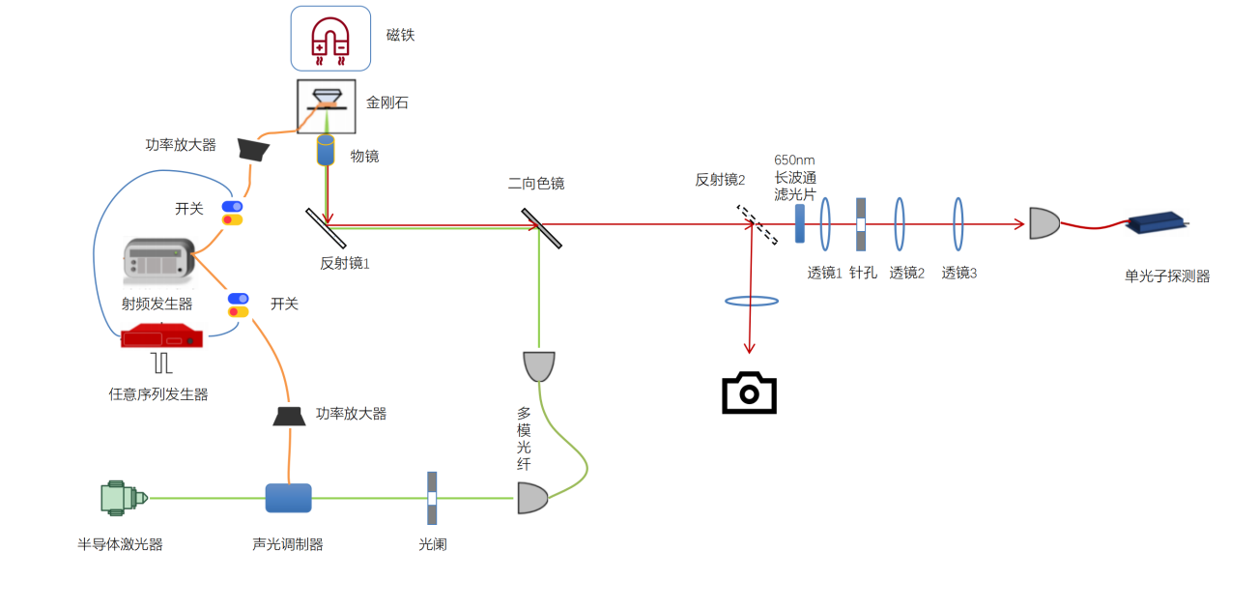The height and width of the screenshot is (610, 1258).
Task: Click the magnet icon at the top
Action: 330,39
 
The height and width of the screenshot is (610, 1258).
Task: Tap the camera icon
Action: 749,392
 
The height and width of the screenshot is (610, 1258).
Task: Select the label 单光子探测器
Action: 1167,276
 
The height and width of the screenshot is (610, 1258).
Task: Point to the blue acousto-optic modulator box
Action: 288,498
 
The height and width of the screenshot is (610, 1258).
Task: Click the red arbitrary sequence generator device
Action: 162,338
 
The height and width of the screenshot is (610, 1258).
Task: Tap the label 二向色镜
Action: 536,184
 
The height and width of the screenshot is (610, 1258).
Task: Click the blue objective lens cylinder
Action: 326,150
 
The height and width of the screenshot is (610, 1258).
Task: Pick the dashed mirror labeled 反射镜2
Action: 757,224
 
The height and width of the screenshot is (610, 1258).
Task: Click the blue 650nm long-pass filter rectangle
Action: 800,223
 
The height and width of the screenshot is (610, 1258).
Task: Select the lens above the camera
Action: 752,301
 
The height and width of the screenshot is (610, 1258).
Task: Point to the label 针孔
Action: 863,273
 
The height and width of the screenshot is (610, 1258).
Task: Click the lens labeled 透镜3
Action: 958,224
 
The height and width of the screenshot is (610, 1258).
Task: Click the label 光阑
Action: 433,544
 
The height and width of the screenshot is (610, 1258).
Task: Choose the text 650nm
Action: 795,160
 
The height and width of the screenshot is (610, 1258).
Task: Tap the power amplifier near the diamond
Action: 253,148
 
